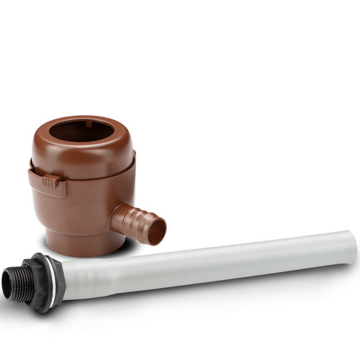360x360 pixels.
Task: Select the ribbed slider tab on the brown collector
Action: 50,182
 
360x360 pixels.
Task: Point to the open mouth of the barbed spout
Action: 158,230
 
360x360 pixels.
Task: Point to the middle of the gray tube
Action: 209,262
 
